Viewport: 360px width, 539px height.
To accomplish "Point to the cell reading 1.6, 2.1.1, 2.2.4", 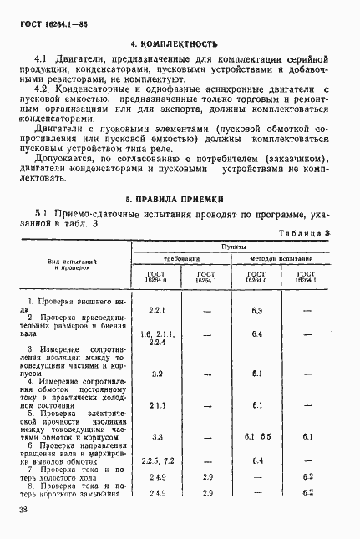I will tap(156, 338).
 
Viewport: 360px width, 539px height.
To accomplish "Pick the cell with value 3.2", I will tap(156, 374).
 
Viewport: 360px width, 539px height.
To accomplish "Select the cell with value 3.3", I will tap(156, 437).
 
